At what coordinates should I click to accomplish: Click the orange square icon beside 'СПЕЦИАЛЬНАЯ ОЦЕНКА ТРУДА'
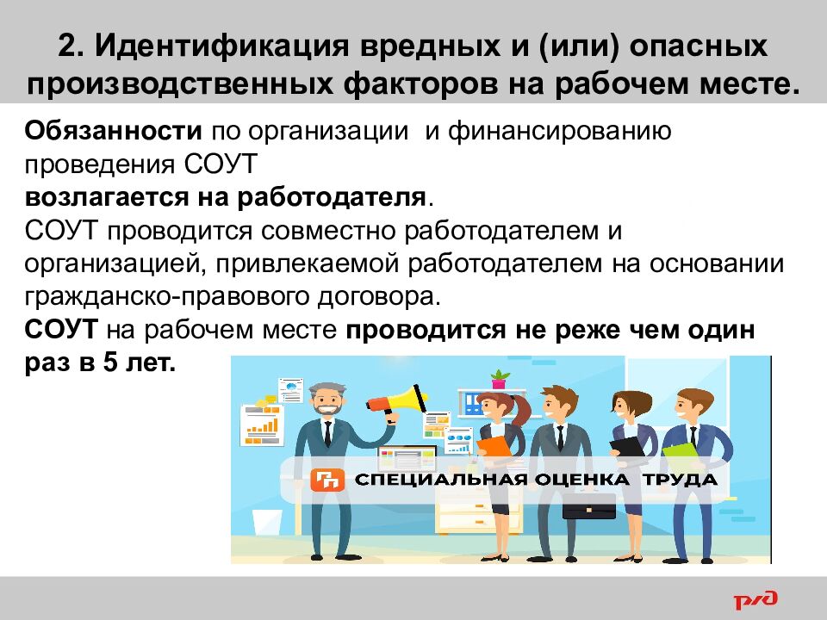(x=328, y=480)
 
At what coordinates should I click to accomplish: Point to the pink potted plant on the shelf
(x=499, y=379)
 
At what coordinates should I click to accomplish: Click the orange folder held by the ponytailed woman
(x=494, y=448)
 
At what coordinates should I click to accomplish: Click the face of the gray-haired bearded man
(x=326, y=400)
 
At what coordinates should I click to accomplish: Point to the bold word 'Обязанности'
(x=112, y=133)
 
